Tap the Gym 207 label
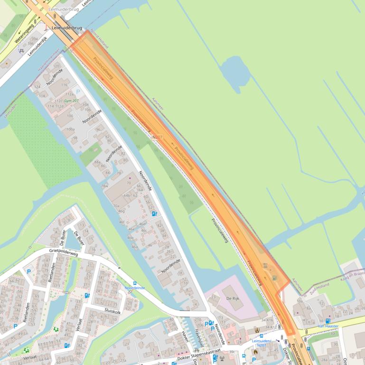coord(72,101)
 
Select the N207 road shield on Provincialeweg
coord(157,137)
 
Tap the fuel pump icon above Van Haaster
coord(328,320)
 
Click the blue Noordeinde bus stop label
coord(135,288)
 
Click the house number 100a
coord(70,128)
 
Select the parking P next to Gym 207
coord(79,92)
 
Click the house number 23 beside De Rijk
coord(214,297)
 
